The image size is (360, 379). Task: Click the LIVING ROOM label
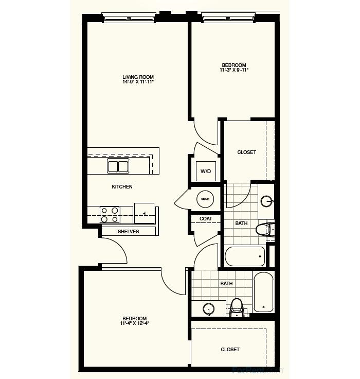click(138, 77)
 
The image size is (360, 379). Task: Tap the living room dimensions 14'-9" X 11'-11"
click(138, 82)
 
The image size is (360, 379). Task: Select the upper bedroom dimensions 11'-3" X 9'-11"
click(234, 70)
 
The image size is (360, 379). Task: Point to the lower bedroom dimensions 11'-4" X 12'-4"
click(134, 323)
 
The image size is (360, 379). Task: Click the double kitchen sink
click(118, 166)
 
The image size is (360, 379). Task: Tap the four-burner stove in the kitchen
click(109, 215)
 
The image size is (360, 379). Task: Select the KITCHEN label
click(122, 187)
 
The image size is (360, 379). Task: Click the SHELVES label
click(128, 232)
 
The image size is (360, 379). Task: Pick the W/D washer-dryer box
click(205, 171)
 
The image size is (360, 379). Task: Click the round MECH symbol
click(205, 198)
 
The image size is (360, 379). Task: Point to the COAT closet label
click(205, 219)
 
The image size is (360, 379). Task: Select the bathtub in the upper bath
click(245, 256)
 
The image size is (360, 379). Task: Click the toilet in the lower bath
click(237, 306)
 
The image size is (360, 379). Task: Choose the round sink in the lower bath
click(209, 309)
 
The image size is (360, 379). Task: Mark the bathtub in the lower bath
click(263, 292)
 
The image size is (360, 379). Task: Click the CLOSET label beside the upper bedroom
click(246, 152)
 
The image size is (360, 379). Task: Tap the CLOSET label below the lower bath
click(230, 349)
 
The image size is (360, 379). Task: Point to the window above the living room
click(129, 19)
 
